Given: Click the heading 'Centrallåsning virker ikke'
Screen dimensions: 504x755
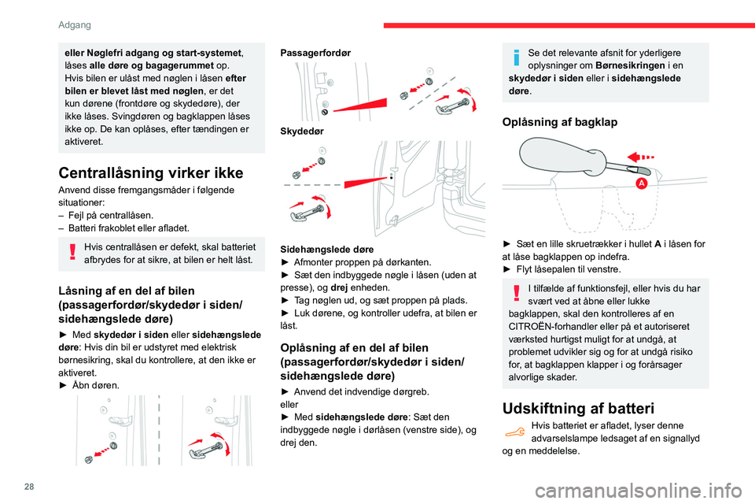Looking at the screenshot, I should tap(146, 173).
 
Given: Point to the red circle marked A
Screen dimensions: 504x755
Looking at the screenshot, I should tap(642, 183).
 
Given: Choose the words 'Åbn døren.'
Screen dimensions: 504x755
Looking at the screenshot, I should tap(92, 386).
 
